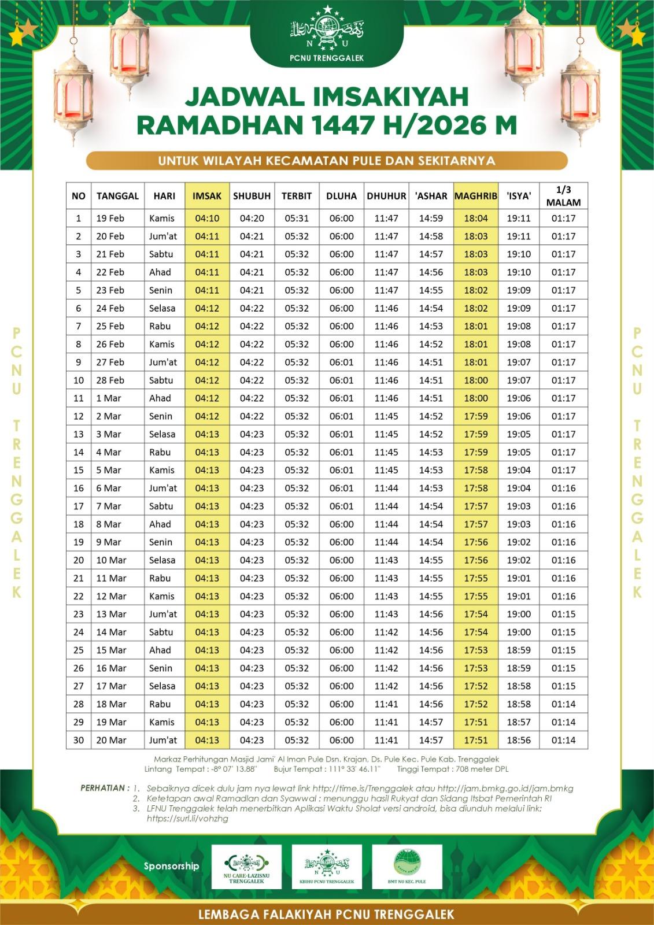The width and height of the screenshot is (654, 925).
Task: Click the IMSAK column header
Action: pyautogui.click(x=207, y=196)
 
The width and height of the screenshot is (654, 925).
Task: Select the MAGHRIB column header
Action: pyautogui.click(x=475, y=196)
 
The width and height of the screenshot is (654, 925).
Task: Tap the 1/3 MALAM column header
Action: pyautogui.click(x=563, y=196)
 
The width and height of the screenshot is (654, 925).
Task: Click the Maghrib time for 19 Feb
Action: pyautogui.click(x=475, y=219)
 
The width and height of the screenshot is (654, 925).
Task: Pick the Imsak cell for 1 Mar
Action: pyautogui.click(x=207, y=398)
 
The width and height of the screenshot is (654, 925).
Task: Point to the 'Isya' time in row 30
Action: pyautogui.click(x=519, y=740)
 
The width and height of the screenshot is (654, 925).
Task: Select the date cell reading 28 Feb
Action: pyautogui.click(x=110, y=380)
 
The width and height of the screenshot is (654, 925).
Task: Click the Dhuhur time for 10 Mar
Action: pyautogui.click(x=386, y=560)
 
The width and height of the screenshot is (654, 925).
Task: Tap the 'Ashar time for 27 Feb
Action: pyautogui.click(x=431, y=362)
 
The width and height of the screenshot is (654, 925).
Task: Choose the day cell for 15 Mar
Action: pyautogui.click(x=160, y=650)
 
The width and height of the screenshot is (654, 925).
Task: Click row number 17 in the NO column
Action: pyautogui.click(x=79, y=506)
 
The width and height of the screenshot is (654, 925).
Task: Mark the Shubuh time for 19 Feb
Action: pyautogui.click(x=252, y=219)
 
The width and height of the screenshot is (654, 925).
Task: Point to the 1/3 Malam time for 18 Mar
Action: pyautogui.click(x=563, y=704)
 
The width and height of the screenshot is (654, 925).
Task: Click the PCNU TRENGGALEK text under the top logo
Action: pyautogui.click(x=327, y=57)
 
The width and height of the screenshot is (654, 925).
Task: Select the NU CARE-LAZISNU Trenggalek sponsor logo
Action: pyautogui.click(x=246, y=866)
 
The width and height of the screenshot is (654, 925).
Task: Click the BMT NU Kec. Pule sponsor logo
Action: pyautogui.click(x=407, y=866)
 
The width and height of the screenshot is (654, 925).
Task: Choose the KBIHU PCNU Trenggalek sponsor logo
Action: pyautogui.click(x=327, y=866)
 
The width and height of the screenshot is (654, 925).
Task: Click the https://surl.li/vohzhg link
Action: pyautogui.click(x=187, y=819)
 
